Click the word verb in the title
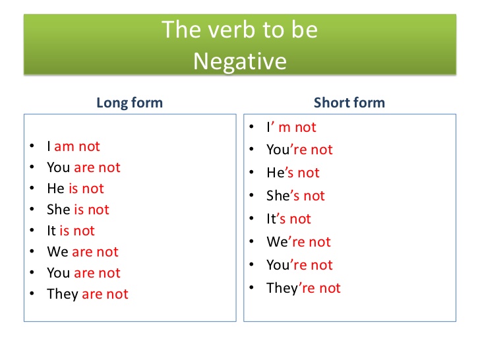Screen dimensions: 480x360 pos(231,30)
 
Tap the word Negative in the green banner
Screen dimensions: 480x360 pos(240,61)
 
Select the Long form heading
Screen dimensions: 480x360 pos(129,103)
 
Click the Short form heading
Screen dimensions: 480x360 pos(349,103)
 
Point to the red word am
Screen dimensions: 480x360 pos(65,146)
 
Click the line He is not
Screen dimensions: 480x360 pos(75,189)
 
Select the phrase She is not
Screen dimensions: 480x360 pos(78,210)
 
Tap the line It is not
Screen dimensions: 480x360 pos(71,231)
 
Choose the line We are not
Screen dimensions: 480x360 pos(82,252)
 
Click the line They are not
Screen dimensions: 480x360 pos(88,294)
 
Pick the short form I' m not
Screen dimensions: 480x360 pos(291,127)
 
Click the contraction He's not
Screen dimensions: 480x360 pos(293,173)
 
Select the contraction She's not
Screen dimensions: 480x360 pos(295,196)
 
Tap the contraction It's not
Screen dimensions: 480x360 pos(289,219)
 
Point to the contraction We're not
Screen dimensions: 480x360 pos(299,242)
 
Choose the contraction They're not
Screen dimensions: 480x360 pos(303,288)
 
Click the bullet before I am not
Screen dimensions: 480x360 pos(32,146)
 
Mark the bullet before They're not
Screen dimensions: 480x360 pos(252,287)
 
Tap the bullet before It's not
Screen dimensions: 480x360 pos(252,218)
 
